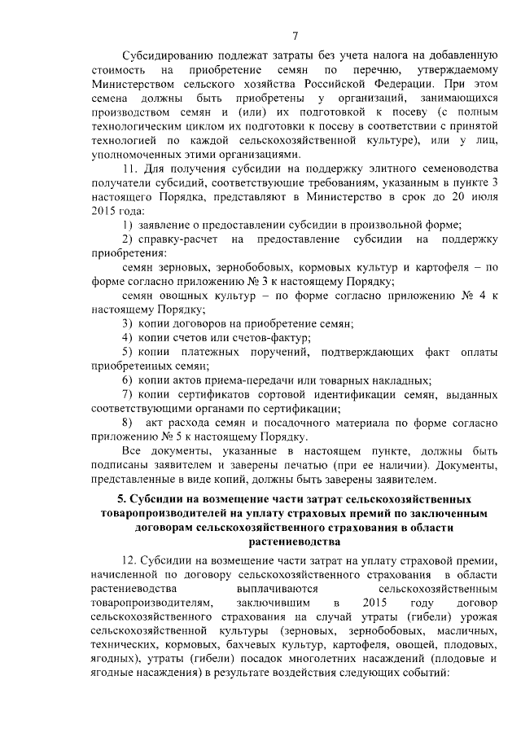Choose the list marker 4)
tap(128, 337)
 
